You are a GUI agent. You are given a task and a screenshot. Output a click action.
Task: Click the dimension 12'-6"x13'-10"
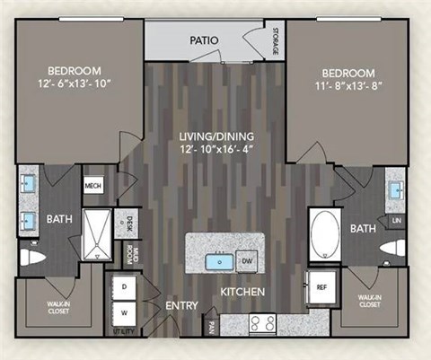click(x=75, y=85)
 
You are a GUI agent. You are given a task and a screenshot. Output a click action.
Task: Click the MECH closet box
click(x=93, y=186)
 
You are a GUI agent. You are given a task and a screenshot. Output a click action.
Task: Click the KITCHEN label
click(x=243, y=293)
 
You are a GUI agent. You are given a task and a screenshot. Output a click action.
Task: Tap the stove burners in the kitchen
click(x=261, y=325)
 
